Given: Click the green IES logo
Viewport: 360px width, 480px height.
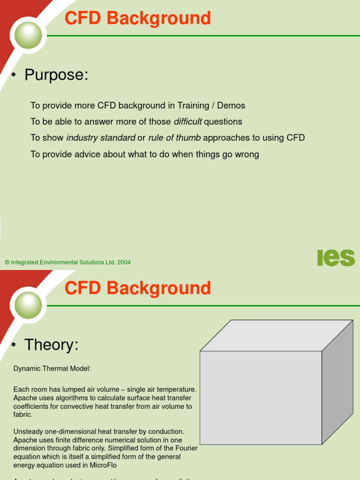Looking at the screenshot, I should (336, 258).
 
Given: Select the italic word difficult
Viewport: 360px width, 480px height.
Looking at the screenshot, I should (187, 122).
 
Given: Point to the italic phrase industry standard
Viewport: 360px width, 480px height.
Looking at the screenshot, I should (101, 138).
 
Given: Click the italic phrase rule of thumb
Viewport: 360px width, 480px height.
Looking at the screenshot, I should (174, 138).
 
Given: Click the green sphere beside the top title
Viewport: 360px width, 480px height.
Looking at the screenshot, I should (28, 35).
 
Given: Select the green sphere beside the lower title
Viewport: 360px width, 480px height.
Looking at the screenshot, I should (28, 305).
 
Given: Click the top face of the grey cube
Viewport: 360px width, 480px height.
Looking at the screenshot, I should (277, 335).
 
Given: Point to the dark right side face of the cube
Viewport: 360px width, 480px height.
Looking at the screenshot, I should (337, 382).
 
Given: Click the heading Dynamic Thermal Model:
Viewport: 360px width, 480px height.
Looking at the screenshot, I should (52, 369).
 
